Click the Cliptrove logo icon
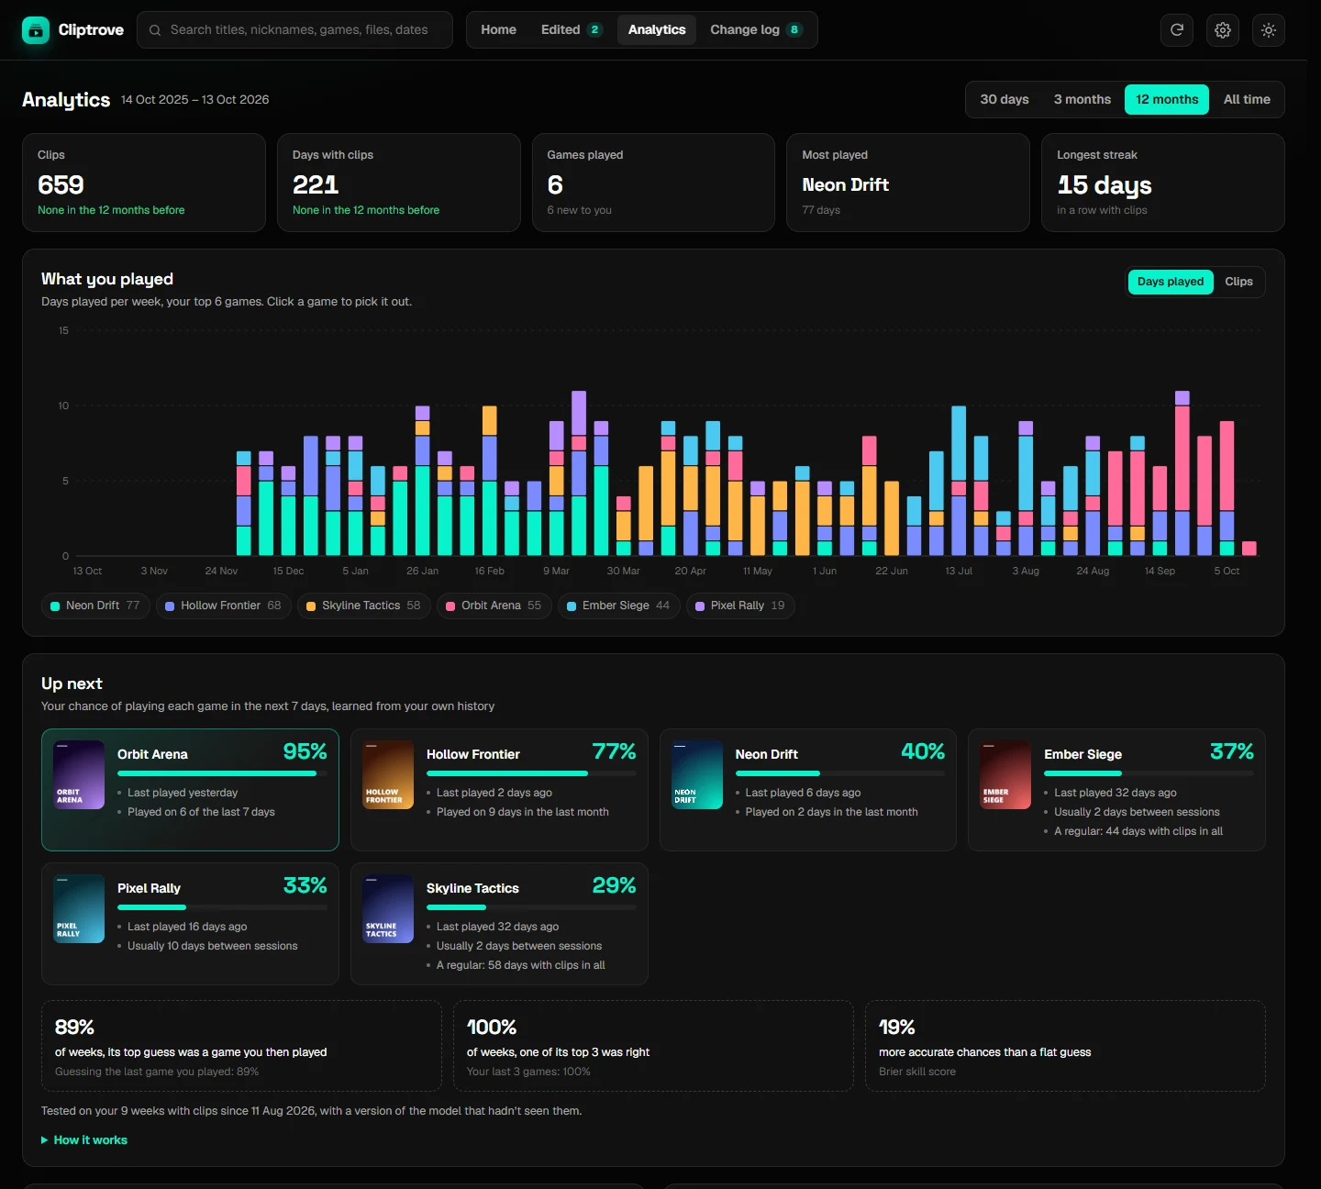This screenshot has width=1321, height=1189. (36, 30)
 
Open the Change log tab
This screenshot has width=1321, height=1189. (756, 29)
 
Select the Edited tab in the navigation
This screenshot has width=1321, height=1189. (571, 29)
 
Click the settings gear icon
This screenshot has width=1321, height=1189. (1222, 30)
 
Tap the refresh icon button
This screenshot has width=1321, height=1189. (1177, 30)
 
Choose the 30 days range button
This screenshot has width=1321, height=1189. (1005, 99)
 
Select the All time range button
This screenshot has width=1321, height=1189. (1247, 99)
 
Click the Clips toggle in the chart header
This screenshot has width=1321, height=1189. (1238, 282)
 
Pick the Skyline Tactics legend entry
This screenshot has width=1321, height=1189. (364, 606)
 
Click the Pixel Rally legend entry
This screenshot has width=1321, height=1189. (740, 606)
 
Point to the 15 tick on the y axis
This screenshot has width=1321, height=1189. (63, 330)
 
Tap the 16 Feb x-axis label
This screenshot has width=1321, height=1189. (489, 572)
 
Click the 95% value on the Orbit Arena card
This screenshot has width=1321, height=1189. (305, 751)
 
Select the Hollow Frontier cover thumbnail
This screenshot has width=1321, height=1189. (388, 774)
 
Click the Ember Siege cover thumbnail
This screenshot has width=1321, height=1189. (1005, 774)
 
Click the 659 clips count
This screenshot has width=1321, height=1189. (61, 185)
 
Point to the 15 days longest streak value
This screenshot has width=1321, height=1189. (1105, 185)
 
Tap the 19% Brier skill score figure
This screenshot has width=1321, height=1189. (896, 1027)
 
